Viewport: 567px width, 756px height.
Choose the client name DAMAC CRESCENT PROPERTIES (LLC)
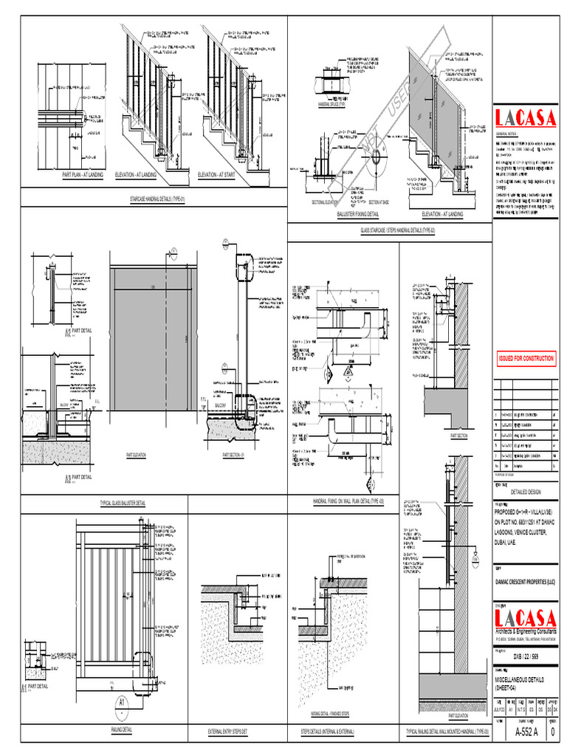[524, 583]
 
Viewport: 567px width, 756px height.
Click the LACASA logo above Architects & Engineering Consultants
[525, 617]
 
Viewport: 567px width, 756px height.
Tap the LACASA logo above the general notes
[524, 118]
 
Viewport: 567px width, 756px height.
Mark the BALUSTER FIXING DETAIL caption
[357, 213]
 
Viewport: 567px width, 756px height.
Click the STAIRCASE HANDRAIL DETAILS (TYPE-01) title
[157, 200]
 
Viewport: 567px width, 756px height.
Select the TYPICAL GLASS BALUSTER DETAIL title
[123, 503]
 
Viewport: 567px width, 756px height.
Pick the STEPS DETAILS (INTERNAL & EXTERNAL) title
[327, 732]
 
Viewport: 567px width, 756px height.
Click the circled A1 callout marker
[121, 704]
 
